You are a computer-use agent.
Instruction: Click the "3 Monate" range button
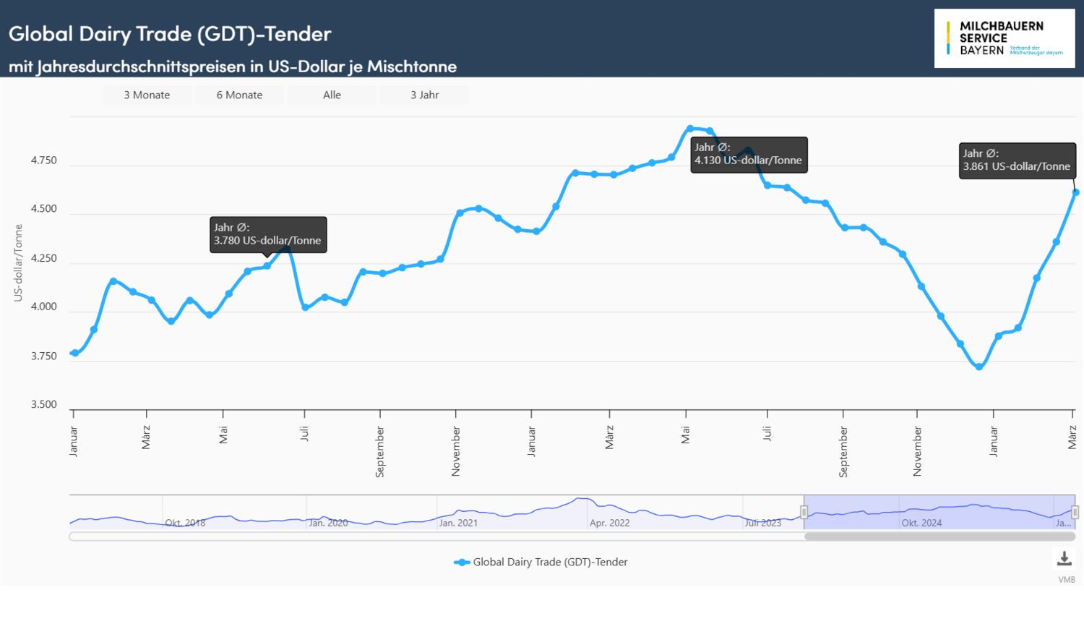pos(147,95)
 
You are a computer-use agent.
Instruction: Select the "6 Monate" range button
pos(239,95)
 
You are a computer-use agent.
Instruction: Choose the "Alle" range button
pos(332,95)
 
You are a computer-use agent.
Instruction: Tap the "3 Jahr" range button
pos(424,95)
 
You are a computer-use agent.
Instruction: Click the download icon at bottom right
pos(1064,559)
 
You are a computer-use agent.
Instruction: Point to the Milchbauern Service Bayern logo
pos(1004,38)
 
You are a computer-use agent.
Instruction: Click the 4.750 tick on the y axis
pos(43,161)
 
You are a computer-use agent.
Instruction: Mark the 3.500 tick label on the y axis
pos(43,404)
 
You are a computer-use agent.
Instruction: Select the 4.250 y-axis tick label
pos(43,258)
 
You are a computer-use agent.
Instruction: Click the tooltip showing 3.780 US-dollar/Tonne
pos(268,234)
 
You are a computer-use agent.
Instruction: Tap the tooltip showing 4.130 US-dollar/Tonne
pos(749,154)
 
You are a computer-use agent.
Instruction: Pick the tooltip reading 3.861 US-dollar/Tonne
pos(1017,160)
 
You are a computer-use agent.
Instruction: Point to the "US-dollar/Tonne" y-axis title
pos(19,262)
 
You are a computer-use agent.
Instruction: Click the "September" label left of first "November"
pos(380,451)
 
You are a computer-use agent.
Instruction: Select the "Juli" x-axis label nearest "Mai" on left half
pos(304,433)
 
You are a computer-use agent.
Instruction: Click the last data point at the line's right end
pos(1075,192)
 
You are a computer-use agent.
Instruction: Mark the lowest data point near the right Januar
pos(979,367)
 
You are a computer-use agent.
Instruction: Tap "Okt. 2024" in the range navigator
pos(921,523)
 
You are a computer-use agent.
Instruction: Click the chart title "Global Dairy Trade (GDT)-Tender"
pos(170,33)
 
